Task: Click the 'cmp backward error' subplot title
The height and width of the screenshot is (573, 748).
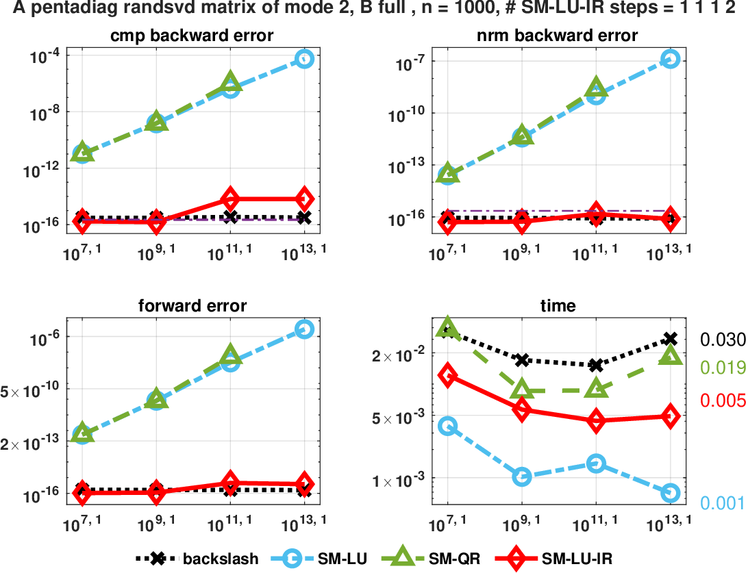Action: (x=192, y=36)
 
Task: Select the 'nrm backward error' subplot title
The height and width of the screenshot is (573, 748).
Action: (x=558, y=36)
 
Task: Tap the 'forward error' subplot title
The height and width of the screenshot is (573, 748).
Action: (x=192, y=306)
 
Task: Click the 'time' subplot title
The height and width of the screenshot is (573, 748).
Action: (x=558, y=306)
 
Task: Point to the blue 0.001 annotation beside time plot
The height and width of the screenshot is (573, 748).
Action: (x=722, y=503)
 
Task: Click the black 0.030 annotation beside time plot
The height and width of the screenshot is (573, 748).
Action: (x=722, y=340)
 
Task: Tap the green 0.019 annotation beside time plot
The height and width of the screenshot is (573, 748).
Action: (x=722, y=368)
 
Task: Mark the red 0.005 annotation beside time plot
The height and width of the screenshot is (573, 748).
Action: (x=722, y=400)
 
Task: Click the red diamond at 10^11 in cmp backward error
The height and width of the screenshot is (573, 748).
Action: (x=230, y=199)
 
